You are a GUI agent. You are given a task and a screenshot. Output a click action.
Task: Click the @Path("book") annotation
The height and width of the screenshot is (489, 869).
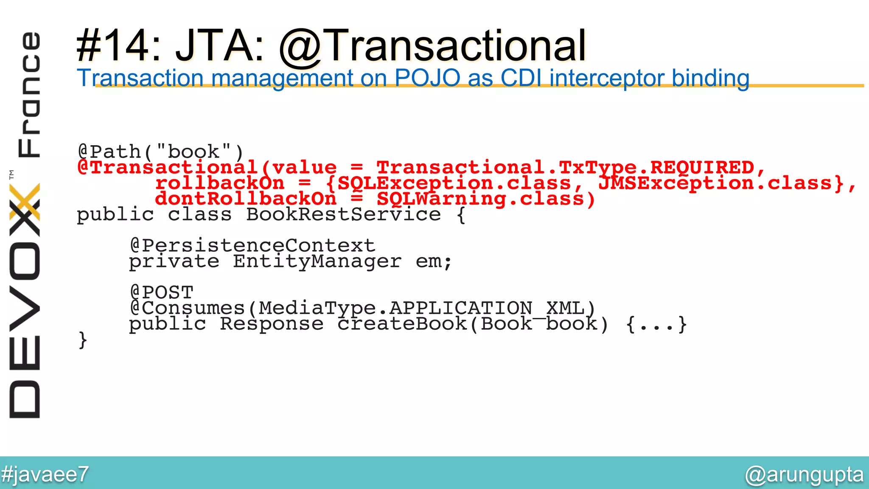pos(161,152)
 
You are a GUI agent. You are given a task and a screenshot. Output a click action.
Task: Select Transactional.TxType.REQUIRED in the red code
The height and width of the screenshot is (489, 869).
pos(565,167)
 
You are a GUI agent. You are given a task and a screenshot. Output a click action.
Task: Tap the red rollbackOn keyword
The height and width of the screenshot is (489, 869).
pos(220,183)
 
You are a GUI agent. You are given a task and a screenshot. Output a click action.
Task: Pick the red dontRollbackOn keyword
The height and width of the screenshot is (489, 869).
pos(246,199)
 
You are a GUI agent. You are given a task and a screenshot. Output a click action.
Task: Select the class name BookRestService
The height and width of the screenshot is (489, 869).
pos(343,214)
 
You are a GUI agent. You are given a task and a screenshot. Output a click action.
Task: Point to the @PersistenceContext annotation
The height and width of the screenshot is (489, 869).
pos(252,245)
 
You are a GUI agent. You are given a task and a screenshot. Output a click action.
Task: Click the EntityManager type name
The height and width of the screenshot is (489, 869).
pos(317,261)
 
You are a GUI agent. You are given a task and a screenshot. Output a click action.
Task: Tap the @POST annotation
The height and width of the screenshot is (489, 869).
pos(161,292)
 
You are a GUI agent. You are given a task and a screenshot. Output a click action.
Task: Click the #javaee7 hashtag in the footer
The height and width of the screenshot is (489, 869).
pos(45,474)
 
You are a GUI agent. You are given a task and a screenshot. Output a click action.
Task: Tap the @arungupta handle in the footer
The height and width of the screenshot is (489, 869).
pos(804,474)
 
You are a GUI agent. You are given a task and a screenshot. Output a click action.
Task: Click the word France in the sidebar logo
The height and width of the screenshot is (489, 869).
pos(29,94)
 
